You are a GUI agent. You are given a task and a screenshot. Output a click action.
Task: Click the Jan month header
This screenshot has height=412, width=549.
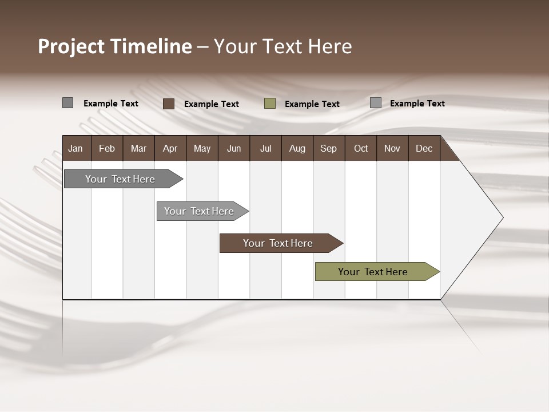click(x=76, y=148)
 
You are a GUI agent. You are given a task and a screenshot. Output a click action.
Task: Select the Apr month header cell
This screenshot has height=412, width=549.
click(x=170, y=148)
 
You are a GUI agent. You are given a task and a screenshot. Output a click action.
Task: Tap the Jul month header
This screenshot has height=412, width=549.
click(x=265, y=148)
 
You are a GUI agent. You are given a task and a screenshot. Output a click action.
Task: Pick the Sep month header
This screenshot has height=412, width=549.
click(x=329, y=148)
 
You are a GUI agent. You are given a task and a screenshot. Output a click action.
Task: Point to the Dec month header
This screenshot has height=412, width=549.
click(x=424, y=148)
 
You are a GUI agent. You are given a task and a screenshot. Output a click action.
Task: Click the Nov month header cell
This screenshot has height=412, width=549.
click(x=392, y=148)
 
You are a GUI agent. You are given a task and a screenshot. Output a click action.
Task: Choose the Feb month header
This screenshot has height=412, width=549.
click(x=107, y=148)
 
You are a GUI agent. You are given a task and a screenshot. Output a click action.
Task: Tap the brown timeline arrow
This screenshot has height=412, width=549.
click(x=279, y=243)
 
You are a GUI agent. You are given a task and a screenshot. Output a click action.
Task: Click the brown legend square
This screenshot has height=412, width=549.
click(x=169, y=104)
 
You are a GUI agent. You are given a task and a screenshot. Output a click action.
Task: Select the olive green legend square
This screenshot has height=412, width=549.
click(x=270, y=104)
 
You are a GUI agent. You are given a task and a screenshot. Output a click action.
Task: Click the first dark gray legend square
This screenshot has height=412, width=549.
click(x=68, y=103)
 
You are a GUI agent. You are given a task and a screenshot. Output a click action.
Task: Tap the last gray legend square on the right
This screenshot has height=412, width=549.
click(x=376, y=103)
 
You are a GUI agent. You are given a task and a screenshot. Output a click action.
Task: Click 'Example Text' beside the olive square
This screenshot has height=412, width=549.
click(x=312, y=104)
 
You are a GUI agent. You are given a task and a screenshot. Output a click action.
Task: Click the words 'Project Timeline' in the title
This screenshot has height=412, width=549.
click(x=114, y=46)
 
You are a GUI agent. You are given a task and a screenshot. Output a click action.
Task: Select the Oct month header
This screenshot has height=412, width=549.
click(x=361, y=148)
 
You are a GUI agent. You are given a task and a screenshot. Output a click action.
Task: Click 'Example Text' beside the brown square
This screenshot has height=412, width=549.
click(x=212, y=104)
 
